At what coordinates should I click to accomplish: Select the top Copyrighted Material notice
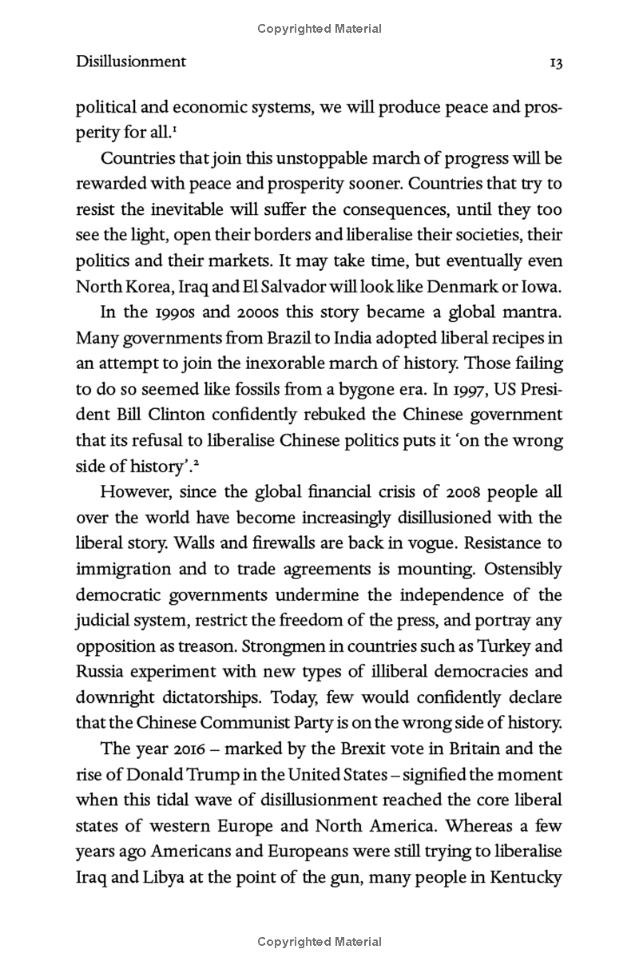(319, 29)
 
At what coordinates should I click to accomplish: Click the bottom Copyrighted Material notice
(319, 942)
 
